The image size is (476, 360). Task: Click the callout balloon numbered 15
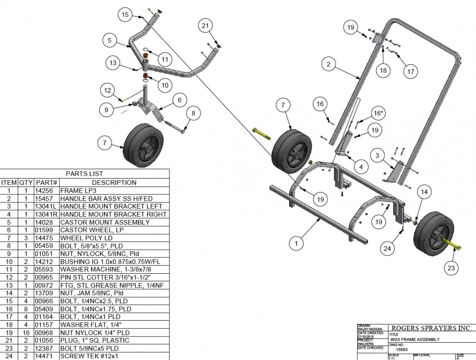click(125, 15)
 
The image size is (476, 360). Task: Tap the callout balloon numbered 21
click(205, 25)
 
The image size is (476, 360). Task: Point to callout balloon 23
click(451, 268)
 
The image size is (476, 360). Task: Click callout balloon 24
click(387, 248)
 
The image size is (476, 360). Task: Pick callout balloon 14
click(424, 192)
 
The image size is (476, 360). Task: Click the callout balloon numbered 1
click(296, 243)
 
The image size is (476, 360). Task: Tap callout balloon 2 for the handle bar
click(329, 64)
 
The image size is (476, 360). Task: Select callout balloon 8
click(193, 112)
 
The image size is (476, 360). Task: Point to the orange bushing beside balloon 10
click(146, 77)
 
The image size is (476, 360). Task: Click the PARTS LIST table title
click(84, 173)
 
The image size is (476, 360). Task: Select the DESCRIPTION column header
click(114, 182)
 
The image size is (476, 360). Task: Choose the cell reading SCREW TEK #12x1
click(89, 356)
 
